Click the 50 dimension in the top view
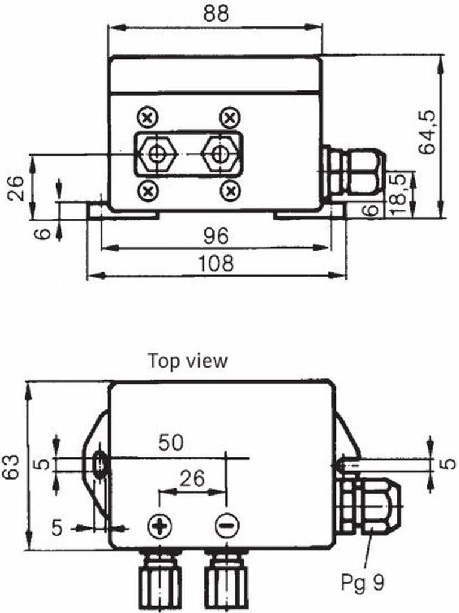coord(171,444)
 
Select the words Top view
coord(188,361)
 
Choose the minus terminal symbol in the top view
coord(227,527)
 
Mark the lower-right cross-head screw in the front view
coord(230,191)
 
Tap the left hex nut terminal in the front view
coord(158,154)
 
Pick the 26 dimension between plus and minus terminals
coord(192,478)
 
